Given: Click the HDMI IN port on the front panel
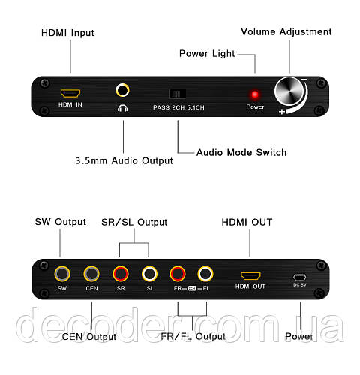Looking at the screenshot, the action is coord(70,93).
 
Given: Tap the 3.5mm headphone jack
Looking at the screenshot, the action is coord(122,90).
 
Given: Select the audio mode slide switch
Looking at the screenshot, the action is coord(177,94).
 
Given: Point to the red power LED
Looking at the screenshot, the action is coord(255,94).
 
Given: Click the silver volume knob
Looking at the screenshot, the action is coord(289,91).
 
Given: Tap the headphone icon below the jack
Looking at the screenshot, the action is coord(123,108).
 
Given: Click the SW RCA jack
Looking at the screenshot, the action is coord(62,274).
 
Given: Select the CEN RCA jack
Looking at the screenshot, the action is coord(91,274).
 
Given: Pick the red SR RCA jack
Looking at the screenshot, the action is coord(121,274).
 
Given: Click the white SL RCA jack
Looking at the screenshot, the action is coord(149,274).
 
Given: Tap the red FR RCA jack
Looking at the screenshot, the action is coord(178,274).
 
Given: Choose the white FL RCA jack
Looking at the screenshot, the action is coord(205,274).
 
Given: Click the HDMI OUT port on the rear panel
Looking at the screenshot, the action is coord(250,276).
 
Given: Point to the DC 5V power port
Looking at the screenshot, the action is coord(299,277).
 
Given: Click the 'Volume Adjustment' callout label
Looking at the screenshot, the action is coord(286,32).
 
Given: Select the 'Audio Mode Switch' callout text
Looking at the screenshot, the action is coord(241,152).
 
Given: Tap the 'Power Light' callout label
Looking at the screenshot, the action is coord(207,54).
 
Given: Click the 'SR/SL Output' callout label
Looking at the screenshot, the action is coord(134,222).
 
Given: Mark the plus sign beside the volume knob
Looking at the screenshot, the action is coord(282,111).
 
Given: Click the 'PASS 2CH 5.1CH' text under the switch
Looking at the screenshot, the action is coord(178,107).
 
